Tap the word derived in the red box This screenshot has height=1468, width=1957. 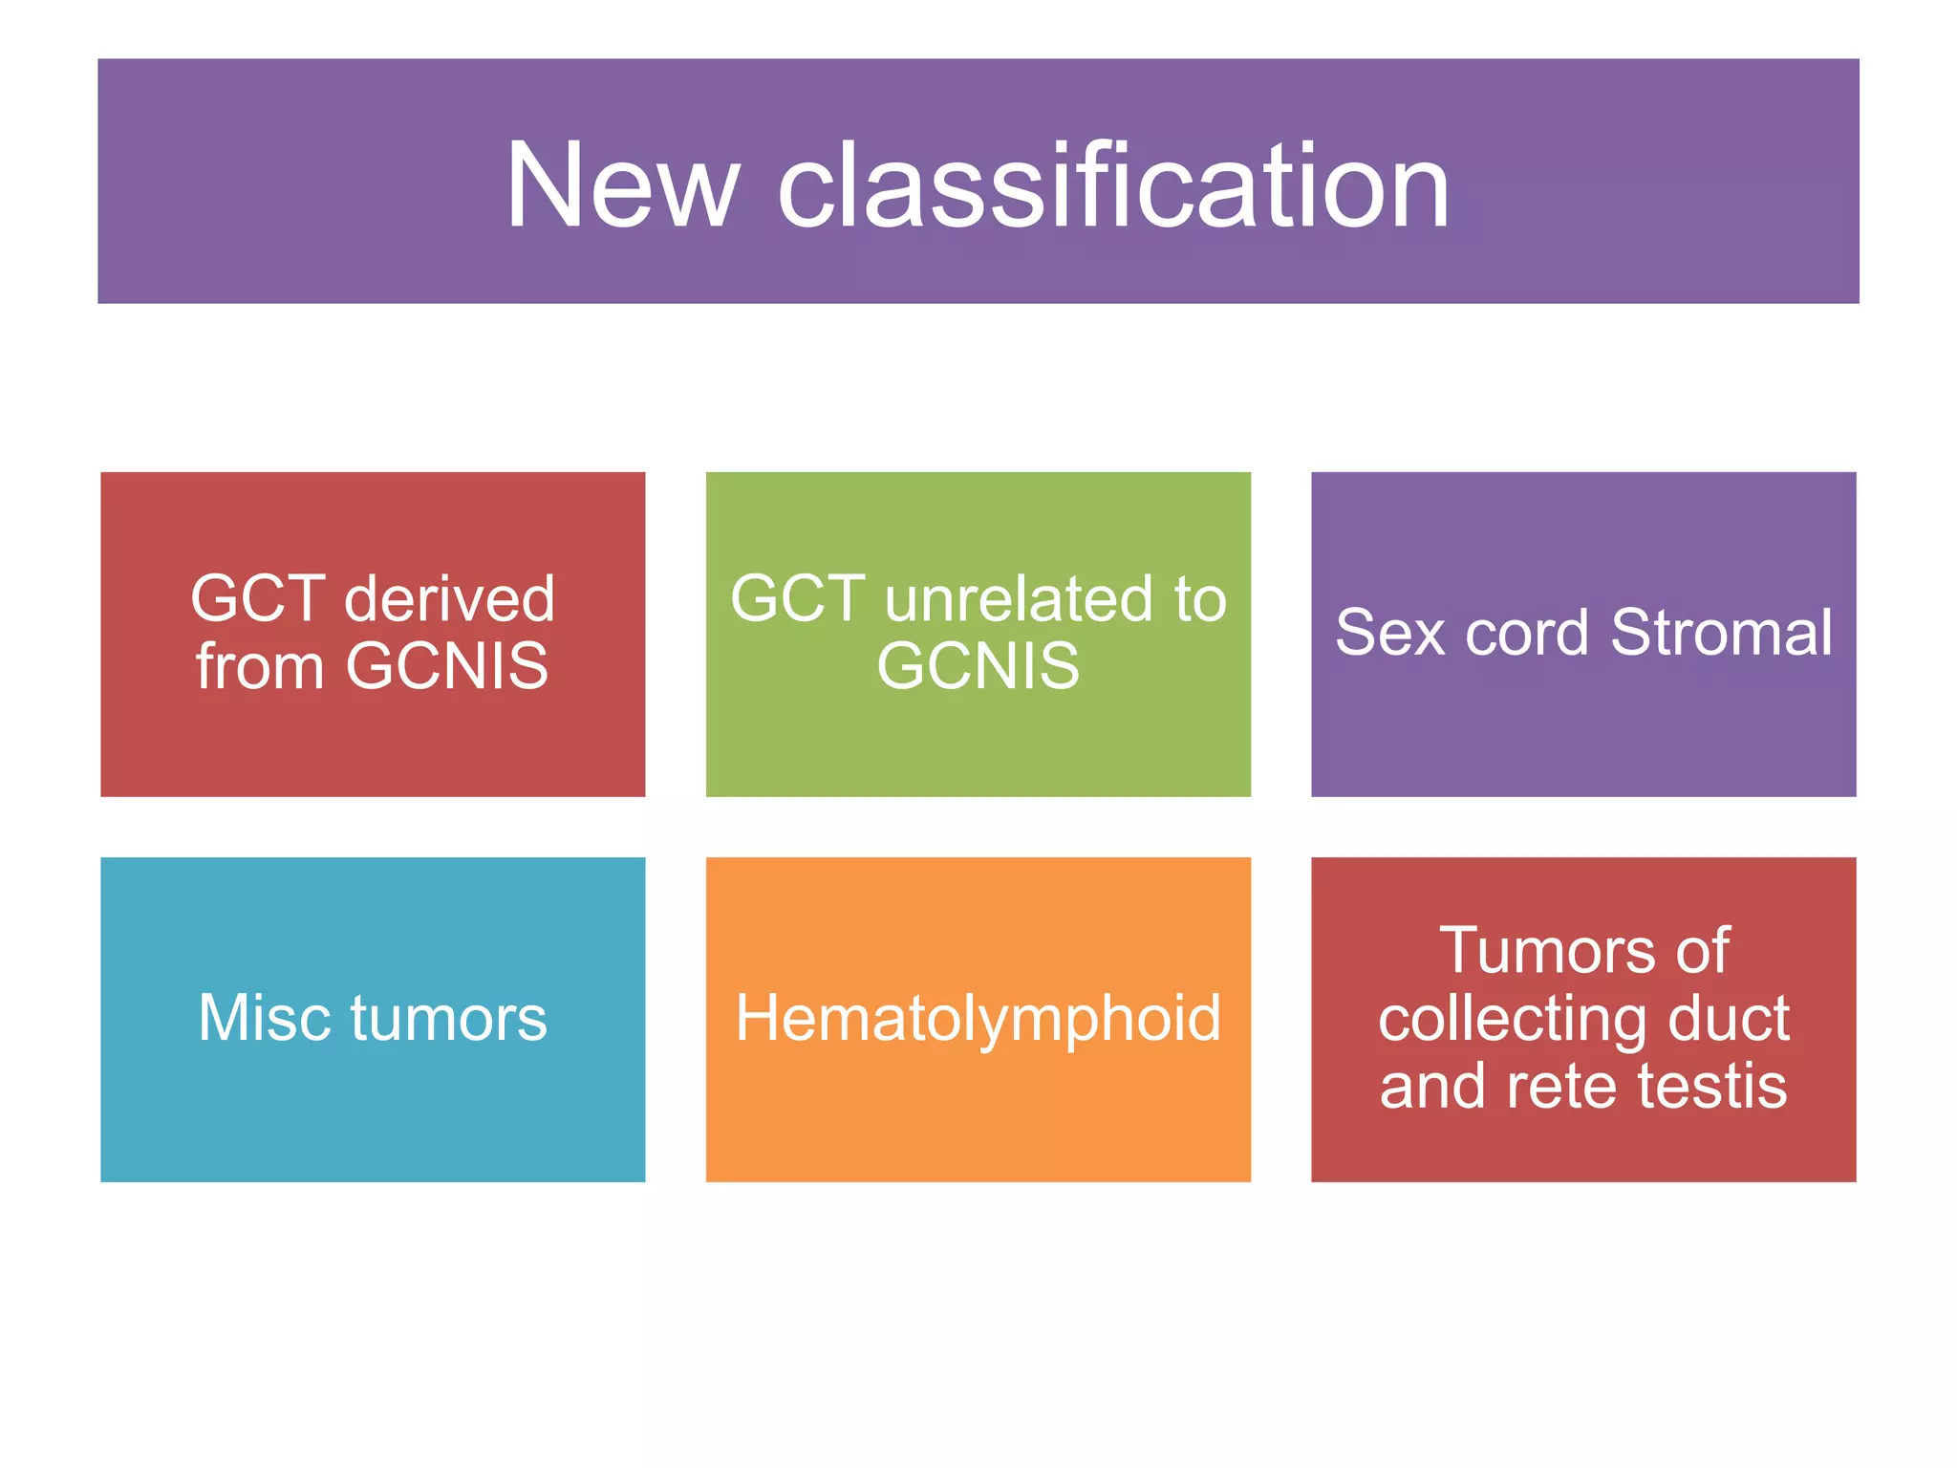pos(449,599)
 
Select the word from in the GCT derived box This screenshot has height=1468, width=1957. pos(260,666)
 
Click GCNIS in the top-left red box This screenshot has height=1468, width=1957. pos(446,666)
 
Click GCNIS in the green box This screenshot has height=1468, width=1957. pos(978,666)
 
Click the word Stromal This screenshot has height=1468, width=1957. pos(1721,633)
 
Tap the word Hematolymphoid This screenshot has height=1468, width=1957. pos(978,1018)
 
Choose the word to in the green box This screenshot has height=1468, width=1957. pos(1200,599)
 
